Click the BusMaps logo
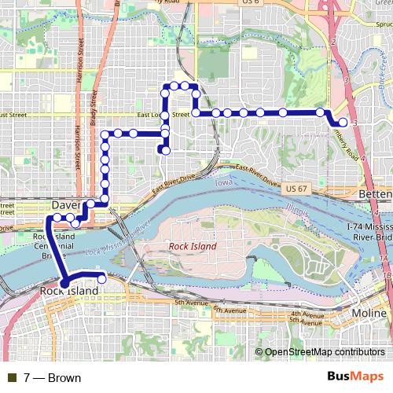(x=361, y=377)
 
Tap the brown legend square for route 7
(x=9, y=378)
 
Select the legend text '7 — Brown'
(x=52, y=378)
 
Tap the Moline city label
(x=368, y=314)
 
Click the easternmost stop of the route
(x=343, y=122)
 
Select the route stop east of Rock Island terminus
(x=101, y=277)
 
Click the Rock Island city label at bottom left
(x=69, y=292)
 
